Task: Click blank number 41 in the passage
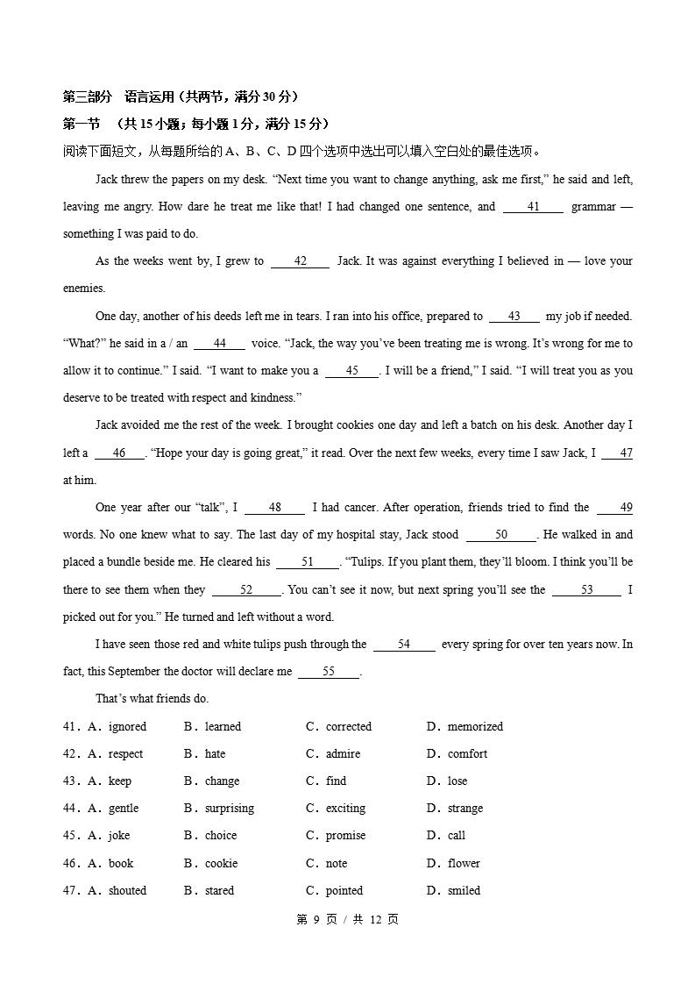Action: [x=533, y=207]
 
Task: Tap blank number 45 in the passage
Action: [x=351, y=371]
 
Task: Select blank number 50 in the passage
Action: [x=500, y=535]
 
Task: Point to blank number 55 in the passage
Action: [x=329, y=672]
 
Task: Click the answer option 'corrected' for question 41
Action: [x=348, y=727]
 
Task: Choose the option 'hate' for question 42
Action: [x=215, y=754]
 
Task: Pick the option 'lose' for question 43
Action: [x=457, y=781]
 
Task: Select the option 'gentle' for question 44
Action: [x=123, y=809]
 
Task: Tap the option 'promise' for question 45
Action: [x=345, y=836]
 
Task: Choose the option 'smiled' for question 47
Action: [x=464, y=891]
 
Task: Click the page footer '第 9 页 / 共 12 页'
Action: [x=347, y=920]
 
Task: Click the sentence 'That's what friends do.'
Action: [x=152, y=699]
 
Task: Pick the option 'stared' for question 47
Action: [x=219, y=891]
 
